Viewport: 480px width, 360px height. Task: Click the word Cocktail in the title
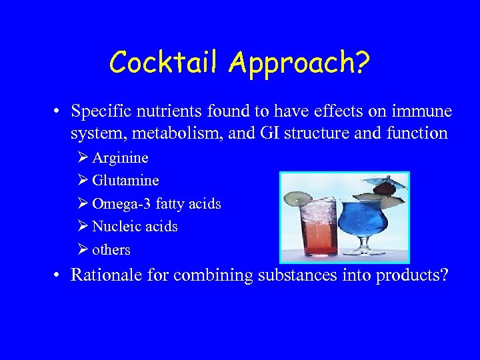[x=166, y=63]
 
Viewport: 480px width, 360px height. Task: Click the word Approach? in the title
[x=300, y=64]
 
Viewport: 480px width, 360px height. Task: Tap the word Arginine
[x=120, y=158]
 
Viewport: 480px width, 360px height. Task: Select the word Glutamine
[x=125, y=181]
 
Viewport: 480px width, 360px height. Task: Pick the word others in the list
[x=111, y=250]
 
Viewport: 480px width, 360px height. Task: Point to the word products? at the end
[x=413, y=275]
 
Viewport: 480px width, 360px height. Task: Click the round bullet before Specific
[x=59, y=111]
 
